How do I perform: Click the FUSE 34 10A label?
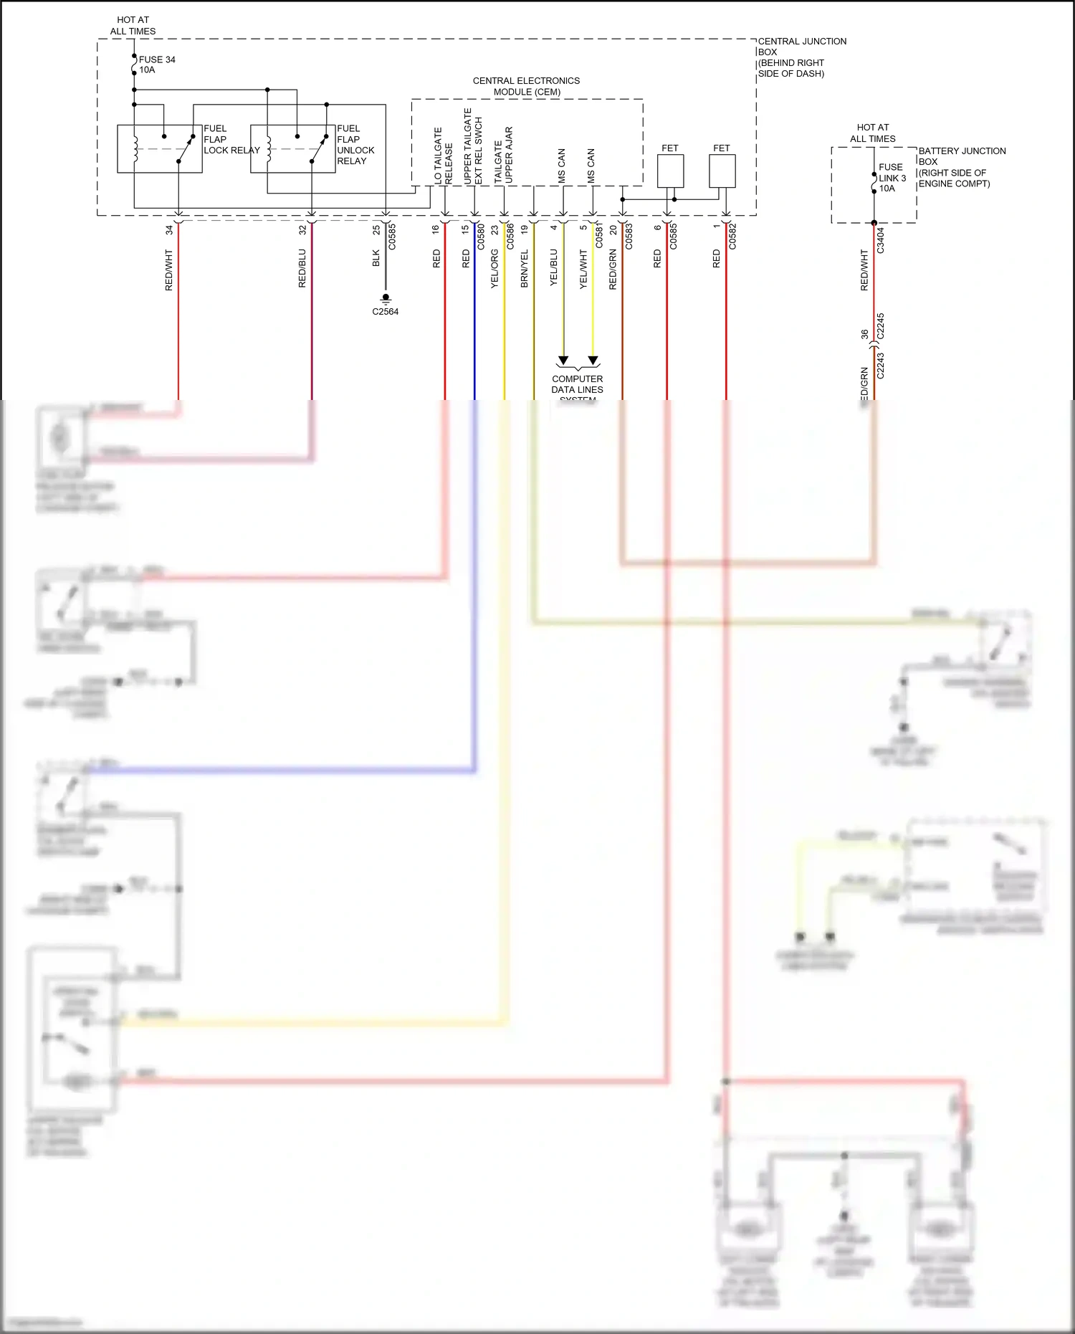coord(156,65)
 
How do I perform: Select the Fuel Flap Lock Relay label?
coord(231,140)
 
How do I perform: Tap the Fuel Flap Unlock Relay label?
coord(355,145)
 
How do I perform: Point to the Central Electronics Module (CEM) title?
coord(526,86)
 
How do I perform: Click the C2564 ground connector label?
coord(385,312)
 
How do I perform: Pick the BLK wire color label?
coord(376,258)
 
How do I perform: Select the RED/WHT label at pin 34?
coord(169,270)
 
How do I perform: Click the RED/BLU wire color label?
coord(302,268)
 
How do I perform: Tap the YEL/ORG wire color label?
coord(494,269)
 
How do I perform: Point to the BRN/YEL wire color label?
coord(524,269)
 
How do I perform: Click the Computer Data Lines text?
coord(577,384)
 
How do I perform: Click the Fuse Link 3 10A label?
coord(892,178)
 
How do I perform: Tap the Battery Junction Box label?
coord(961,167)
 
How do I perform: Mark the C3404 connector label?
coord(881,240)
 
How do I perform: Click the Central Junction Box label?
coord(801,57)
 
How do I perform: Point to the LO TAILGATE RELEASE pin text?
coord(443,156)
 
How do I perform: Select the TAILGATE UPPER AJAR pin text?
coord(503,156)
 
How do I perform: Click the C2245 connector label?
coord(881,326)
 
